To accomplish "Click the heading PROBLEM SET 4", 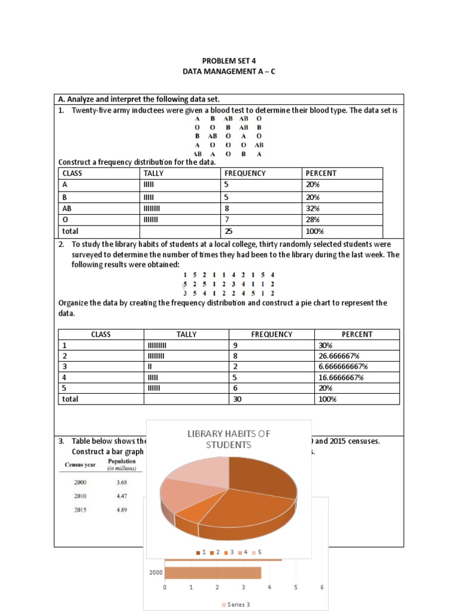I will (x=228, y=61).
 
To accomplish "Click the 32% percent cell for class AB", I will (x=313, y=208).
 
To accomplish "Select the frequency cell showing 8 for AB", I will (x=227, y=208).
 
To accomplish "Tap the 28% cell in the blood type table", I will (x=313, y=220).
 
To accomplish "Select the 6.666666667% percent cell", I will (x=343, y=366).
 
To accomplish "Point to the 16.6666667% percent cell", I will (x=341, y=377).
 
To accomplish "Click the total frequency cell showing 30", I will (x=237, y=399).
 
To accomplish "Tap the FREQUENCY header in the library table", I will (x=271, y=334).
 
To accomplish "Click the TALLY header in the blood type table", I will (x=154, y=173).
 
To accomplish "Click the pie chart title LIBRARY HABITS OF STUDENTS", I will (x=229, y=439).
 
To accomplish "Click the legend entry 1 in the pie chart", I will (x=202, y=553).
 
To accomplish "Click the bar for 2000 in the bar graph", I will (x=213, y=573).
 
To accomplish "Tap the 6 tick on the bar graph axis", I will (x=322, y=588).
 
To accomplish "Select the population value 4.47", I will (x=122, y=495).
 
